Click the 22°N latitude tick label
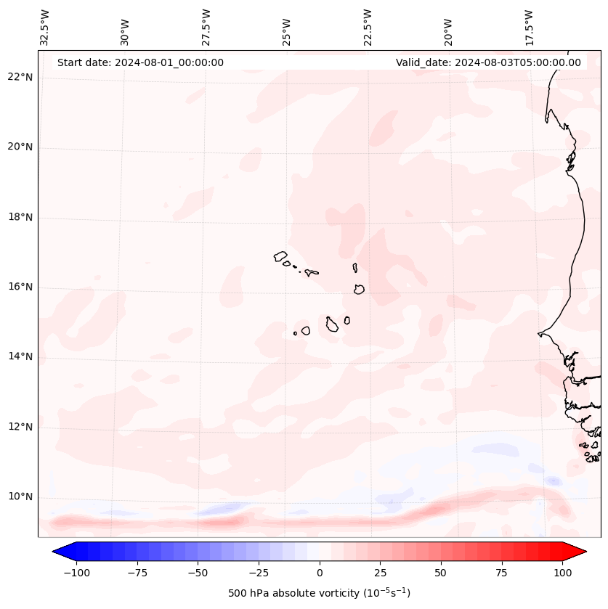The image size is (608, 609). [x=20, y=78]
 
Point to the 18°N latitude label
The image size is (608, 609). [x=20, y=217]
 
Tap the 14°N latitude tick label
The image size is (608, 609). [x=20, y=356]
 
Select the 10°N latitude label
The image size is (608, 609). [x=20, y=497]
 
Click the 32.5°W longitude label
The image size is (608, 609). [x=45, y=27]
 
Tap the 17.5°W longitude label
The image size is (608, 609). [x=529, y=27]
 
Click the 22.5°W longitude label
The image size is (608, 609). [x=368, y=27]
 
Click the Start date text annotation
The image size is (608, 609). [x=140, y=62]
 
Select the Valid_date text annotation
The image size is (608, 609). [x=488, y=62]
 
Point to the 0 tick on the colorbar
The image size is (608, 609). [x=320, y=573]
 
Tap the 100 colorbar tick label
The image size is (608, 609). [x=562, y=573]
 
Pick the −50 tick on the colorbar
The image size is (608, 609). [x=198, y=573]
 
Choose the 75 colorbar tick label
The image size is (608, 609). [x=501, y=573]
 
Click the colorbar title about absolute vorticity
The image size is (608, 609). [x=320, y=593]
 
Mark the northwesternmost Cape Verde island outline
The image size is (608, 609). [x=280, y=256]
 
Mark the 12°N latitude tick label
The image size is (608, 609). [x=20, y=427]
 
